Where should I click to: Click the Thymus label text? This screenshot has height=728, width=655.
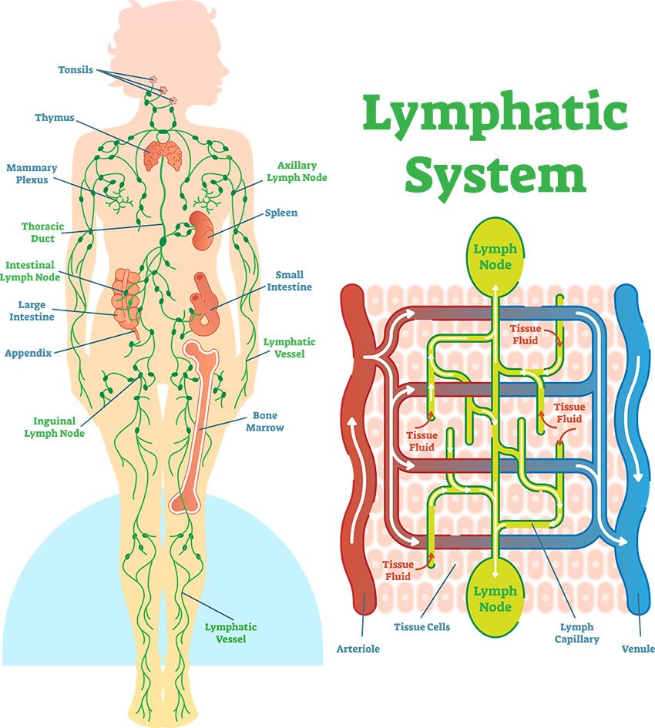coord(54,118)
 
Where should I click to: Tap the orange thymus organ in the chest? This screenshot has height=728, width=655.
coord(163,153)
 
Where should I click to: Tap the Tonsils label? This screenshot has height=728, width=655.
coord(76,70)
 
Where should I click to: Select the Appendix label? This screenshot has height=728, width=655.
coord(28,354)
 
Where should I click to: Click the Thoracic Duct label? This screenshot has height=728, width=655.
coord(37,233)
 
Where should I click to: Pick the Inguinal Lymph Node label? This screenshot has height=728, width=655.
coord(54,427)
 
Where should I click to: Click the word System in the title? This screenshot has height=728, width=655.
coord(495,174)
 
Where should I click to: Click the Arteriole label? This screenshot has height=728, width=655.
coord(358,649)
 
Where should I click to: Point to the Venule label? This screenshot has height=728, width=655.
coord(637,649)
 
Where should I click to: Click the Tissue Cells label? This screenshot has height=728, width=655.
coord(422,626)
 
